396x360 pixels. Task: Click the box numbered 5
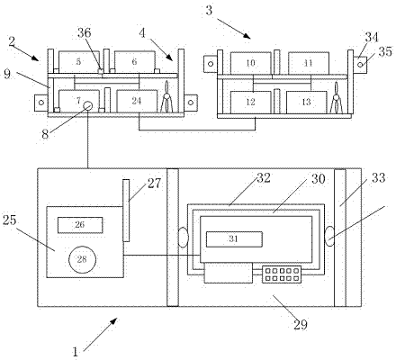[79, 62]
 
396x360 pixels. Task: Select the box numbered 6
[135, 62]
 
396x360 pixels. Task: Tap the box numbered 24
[137, 101]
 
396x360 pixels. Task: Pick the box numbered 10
[251, 63]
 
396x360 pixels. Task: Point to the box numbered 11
[309, 63]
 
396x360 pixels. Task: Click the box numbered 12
[251, 103]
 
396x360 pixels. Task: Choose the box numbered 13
[307, 103]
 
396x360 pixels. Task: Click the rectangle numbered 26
[80, 225]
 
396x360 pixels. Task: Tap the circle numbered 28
[82, 259]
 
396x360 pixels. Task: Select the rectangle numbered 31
[234, 239]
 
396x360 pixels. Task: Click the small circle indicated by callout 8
[87, 106]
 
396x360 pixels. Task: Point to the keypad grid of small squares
[282, 274]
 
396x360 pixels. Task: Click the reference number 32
[264, 178]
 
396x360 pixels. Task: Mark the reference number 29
[301, 325]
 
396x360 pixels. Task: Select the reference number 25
[9, 220]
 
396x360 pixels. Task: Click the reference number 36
[85, 32]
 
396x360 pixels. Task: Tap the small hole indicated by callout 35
[360, 65]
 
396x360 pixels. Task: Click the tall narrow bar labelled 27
[126, 211]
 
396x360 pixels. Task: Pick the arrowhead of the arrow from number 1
[113, 321]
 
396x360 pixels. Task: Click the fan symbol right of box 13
[337, 98]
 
